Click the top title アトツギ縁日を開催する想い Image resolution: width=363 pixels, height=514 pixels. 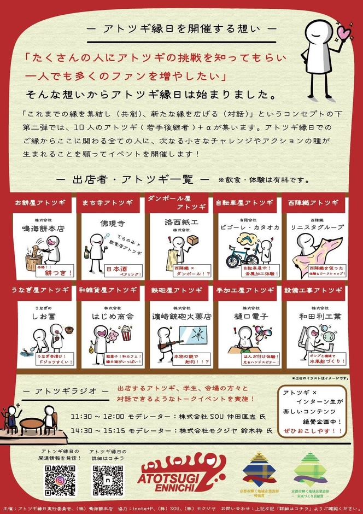click(x=181, y=28)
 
